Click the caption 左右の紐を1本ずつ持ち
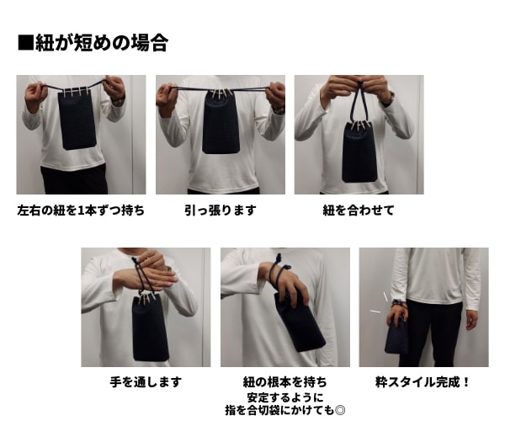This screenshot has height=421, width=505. (80, 210)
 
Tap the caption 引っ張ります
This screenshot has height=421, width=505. (221, 210)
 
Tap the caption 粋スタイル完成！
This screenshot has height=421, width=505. (423, 382)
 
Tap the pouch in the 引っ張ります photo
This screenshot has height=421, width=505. (221, 122)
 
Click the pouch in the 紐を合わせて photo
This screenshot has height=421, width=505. (359, 152)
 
